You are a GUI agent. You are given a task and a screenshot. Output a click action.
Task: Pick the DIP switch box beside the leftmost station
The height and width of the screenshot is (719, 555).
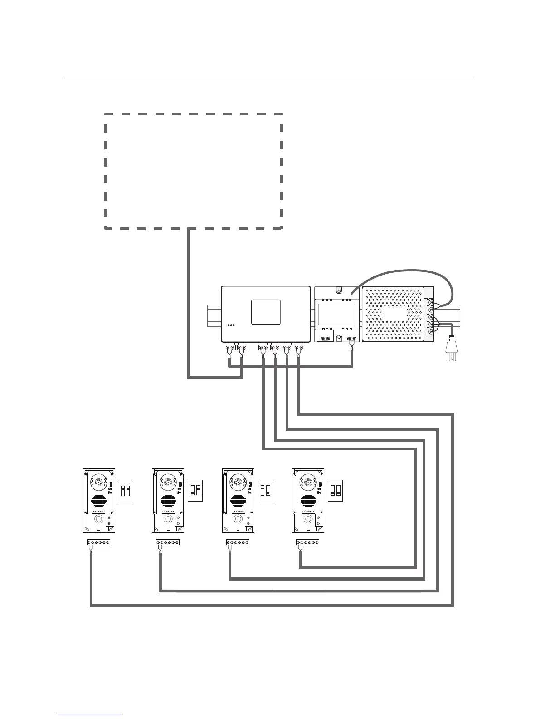point(125,491)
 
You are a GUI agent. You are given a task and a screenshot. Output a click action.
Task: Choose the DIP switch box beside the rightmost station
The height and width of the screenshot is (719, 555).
point(336,491)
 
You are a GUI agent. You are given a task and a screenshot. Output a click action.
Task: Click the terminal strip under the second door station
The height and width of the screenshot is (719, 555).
point(167,542)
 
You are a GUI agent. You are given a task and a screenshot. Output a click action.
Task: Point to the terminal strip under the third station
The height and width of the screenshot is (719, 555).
point(238,542)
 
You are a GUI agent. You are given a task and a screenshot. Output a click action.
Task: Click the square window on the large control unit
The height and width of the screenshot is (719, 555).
point(266,312)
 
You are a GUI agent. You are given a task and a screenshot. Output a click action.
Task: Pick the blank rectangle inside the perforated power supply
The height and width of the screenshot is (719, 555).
point(394,313)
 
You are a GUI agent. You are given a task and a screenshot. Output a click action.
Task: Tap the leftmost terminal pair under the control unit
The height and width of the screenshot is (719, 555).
point(229,348)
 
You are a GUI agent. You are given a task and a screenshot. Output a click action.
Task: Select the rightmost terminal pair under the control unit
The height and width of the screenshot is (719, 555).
point(299,348)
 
